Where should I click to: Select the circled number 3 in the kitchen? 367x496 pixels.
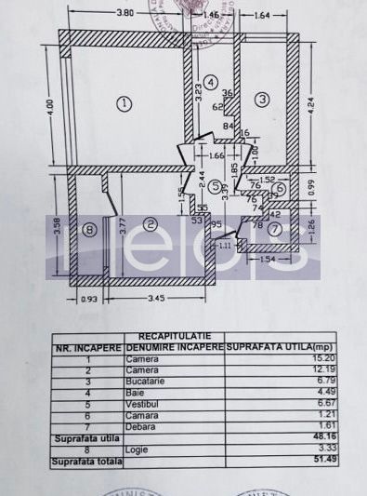tap(263, 99)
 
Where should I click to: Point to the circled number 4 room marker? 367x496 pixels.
tap(212, 83)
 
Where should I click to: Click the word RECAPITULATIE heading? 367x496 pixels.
tap(175, 336)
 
